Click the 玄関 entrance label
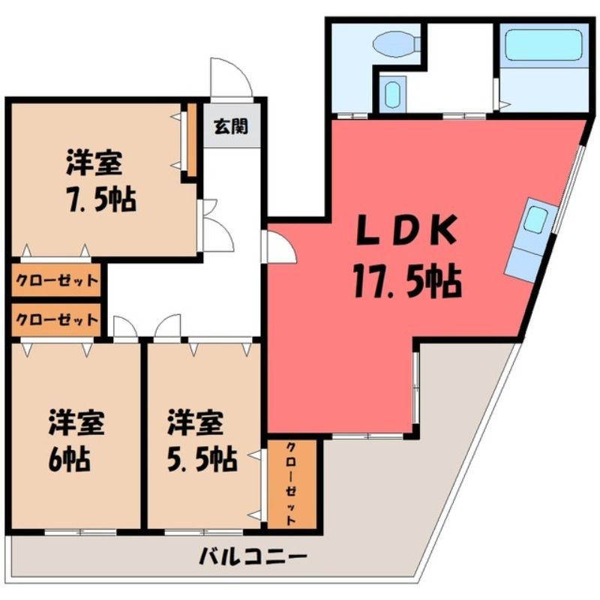(231, 126)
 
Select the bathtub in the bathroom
(543, 45)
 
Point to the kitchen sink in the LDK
(536, 220)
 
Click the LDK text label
(406, 231)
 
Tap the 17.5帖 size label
(407, 282)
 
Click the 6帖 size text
(69, 459)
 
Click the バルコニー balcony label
(253, 557)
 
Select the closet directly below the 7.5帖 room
(56, 280)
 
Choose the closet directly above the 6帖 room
(56, 319)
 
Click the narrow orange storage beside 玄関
(192, 140)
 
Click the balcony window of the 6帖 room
(80, 532)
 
